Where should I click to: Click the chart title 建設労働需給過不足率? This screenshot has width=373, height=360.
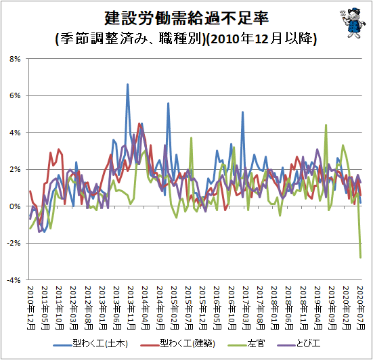tap(187, 18)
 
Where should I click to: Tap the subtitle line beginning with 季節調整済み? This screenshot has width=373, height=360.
tap(186, 39)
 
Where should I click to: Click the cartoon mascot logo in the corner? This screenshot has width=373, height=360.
tap(353, 22)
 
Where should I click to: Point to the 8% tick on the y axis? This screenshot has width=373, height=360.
tap(15, 59)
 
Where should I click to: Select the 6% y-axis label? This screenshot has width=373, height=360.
tap(15, 95)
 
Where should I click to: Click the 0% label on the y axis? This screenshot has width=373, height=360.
tap(15, 206)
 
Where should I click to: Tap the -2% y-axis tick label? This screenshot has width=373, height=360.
tap(14, 243)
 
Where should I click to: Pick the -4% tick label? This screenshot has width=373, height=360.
tap(14, 280)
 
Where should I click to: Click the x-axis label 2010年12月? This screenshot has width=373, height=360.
tap(31, 308)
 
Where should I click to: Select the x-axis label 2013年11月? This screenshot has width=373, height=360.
tap(131, 308)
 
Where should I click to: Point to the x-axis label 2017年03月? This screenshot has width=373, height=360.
tap(246, 308)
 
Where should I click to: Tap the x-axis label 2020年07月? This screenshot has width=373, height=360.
tap(361, 308)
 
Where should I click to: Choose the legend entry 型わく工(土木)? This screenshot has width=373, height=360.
tap(91, 344)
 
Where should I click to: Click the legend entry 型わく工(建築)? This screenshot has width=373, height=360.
tap(177, 344)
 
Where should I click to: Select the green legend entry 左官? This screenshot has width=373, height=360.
tap(246, 344)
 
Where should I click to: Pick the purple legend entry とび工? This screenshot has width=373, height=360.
tap(299, 344)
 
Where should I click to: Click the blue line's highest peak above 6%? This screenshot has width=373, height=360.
tap(127, 84)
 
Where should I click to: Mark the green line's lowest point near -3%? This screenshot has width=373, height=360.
tap(361, 257)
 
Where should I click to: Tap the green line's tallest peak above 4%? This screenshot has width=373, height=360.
tap(326, 125)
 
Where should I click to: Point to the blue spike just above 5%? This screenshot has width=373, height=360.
tap(242, 112)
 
